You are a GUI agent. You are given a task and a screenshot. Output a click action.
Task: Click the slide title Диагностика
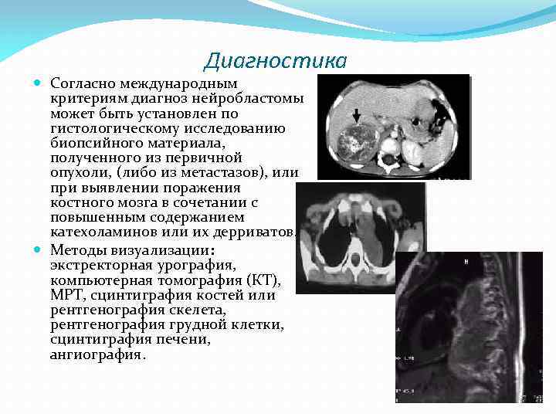pyautogui.click(x=276, y=60)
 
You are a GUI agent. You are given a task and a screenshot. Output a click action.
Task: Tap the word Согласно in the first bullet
pyautogui.click(x=82, y=83)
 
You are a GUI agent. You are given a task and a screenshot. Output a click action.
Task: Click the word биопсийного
pyautogui.click(x=92, y=143)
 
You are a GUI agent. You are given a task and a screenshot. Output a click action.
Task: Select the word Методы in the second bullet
pyautogui.click(x=76, y=250)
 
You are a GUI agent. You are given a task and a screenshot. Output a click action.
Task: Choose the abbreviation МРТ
pyautogui.click(x=66, y=295)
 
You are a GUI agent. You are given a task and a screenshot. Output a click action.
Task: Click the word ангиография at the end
pyautogui.click(x=97, y=354)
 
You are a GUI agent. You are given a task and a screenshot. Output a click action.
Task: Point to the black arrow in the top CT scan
pyautogui.click(x=356, y=116)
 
